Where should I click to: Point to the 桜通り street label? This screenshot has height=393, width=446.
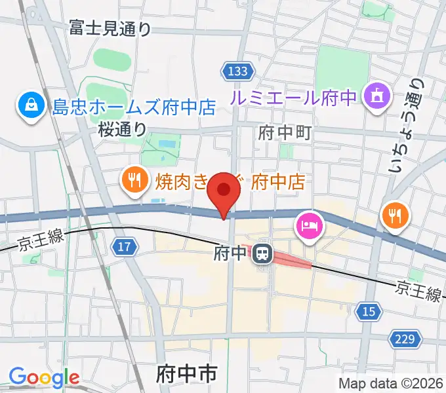[x=123, y=130]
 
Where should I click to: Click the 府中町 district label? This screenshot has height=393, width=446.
[x=284, y=133]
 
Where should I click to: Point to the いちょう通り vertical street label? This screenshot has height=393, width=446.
[x=406, y=126]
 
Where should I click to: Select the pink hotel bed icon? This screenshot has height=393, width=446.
[x=310, y=227]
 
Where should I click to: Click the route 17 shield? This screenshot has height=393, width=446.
[x=123, y=247]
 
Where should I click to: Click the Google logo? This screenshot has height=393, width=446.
[x=44, y=377]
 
